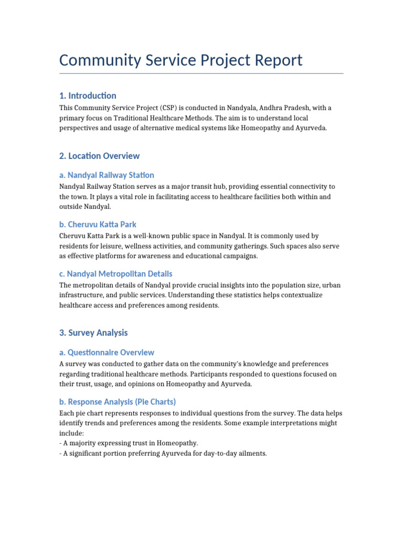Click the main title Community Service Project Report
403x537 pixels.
(181, 60)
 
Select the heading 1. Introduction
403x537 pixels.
(88, 95)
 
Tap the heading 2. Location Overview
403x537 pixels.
(99, 156)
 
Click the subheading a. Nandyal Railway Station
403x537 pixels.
(107, 175)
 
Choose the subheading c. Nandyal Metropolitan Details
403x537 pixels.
(115, 274)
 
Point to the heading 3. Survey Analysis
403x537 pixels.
(93, 333)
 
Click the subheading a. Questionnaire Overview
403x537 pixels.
(107, 352)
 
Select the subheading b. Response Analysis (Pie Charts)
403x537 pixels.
(117, 402)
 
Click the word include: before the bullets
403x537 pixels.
(71, 433)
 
